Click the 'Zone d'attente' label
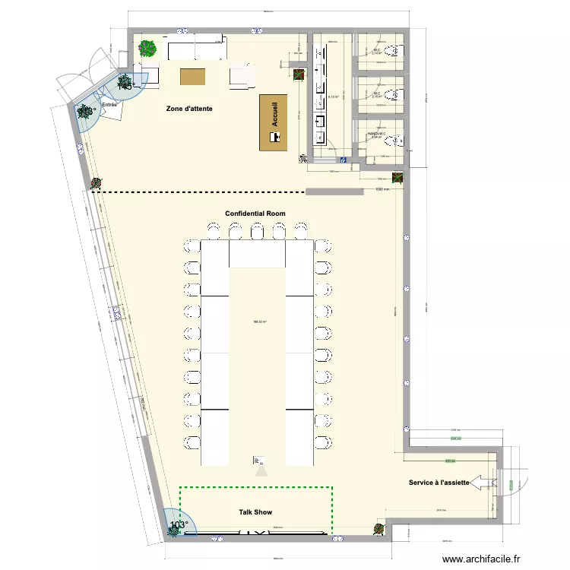[x=189, y=109]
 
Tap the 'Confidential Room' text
[x=255, y=214]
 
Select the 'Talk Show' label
[x=255, y=512]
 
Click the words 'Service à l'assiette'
[x=438, y=483]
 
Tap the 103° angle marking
[x=179, y=525]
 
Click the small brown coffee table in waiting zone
[x=192, y=76]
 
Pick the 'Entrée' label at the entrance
[x=109, y=104]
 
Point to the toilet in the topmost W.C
[x=393, y=51]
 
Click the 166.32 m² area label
[x=259, y=321]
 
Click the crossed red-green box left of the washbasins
[x=299, y=74]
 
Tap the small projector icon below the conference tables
[x=259, y=461]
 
